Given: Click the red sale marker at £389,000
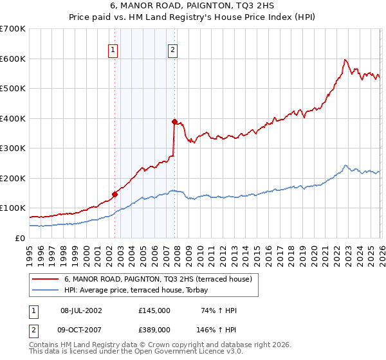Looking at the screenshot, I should coord(174,121).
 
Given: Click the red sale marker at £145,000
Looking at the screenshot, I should coord(115,194).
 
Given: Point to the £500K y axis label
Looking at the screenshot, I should coord(13,88).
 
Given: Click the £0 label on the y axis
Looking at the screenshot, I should coord(19,238).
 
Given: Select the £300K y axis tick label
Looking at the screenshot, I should coord(13,148).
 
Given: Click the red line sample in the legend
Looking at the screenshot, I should coord(46,278).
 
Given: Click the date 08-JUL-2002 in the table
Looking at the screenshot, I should coord(81,310).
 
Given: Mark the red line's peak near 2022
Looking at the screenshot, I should coord(345,60).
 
